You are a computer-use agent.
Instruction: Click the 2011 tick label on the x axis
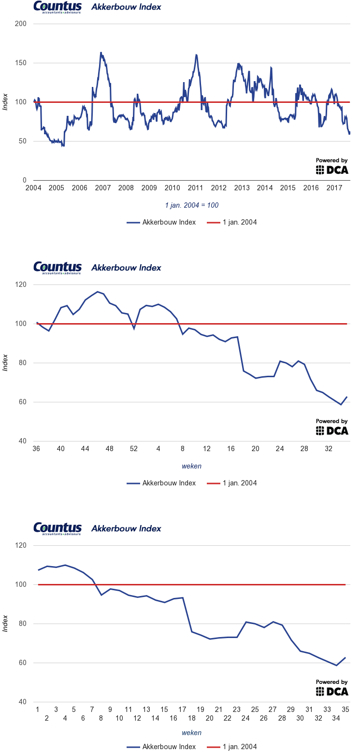click(195, 188)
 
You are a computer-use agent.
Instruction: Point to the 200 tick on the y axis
click(21, 24)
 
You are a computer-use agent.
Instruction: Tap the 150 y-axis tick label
click(21, 63)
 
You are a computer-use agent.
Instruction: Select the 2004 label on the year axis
click(33, 188)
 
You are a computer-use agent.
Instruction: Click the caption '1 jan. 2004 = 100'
click(192, 205)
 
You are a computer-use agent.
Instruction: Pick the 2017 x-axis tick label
click(334, 188)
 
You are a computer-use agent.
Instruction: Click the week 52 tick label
click(134, 449)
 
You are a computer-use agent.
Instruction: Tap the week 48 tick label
click(110, 449)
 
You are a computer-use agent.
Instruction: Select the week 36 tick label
click(36, 449)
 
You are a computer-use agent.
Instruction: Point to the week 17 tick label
click(182, 710)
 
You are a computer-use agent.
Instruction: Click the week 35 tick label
click(346, 710)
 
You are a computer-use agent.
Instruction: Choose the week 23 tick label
click(237, 710)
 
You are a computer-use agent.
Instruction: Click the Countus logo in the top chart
click(58, 7)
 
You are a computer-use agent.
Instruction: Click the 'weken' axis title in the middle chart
click(192, 466)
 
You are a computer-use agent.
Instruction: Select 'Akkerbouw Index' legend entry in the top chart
click(162, 222)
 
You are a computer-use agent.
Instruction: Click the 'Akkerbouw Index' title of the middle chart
click(126, 268)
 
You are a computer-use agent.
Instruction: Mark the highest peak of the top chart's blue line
click(101, 53)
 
